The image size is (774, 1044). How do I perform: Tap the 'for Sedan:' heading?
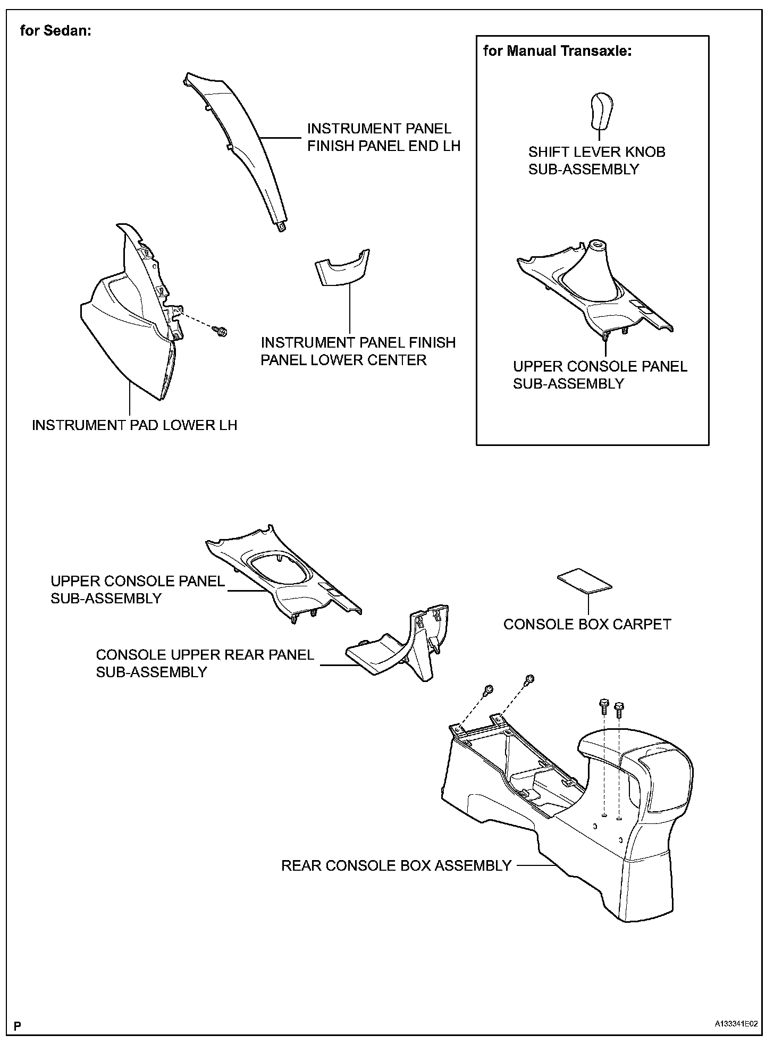(56, 31)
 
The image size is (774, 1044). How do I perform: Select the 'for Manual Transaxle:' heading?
(557, 52)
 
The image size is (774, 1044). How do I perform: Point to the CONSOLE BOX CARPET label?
(587, 624)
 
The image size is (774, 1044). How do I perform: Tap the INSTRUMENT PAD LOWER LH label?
(134, 425)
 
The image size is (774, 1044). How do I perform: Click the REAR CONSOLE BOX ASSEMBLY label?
(396, 866)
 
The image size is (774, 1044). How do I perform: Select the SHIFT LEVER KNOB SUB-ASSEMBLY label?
(596, 161)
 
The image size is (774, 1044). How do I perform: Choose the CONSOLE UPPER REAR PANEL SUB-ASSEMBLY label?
(205, 663)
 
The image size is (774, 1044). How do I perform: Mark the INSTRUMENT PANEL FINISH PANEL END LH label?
(383, 137)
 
